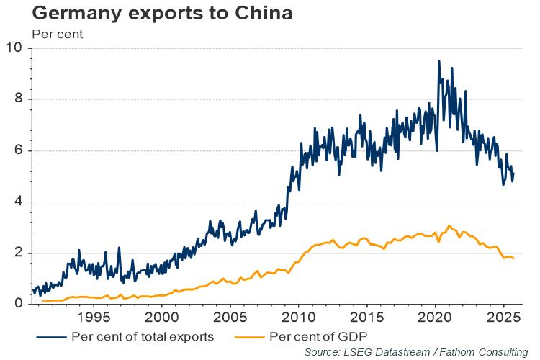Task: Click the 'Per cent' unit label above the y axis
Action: click(x=58, y=33)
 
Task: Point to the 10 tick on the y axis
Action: click(x=15, y=48)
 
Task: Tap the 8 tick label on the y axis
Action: click(x=19, y=99)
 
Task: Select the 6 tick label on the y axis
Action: click(x=19, y=150)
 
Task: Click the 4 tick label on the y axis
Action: click(x=19, y=202)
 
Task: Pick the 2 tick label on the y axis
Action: click(x=19, y=253)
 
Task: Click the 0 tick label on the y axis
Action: click(x=19, y=304)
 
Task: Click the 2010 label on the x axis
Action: click(x=298, y=317)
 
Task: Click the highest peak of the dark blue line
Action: click(x=438, y=61)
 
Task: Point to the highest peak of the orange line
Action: click(x=449, y=225)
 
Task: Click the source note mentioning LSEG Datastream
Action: click(x=416, y=351)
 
